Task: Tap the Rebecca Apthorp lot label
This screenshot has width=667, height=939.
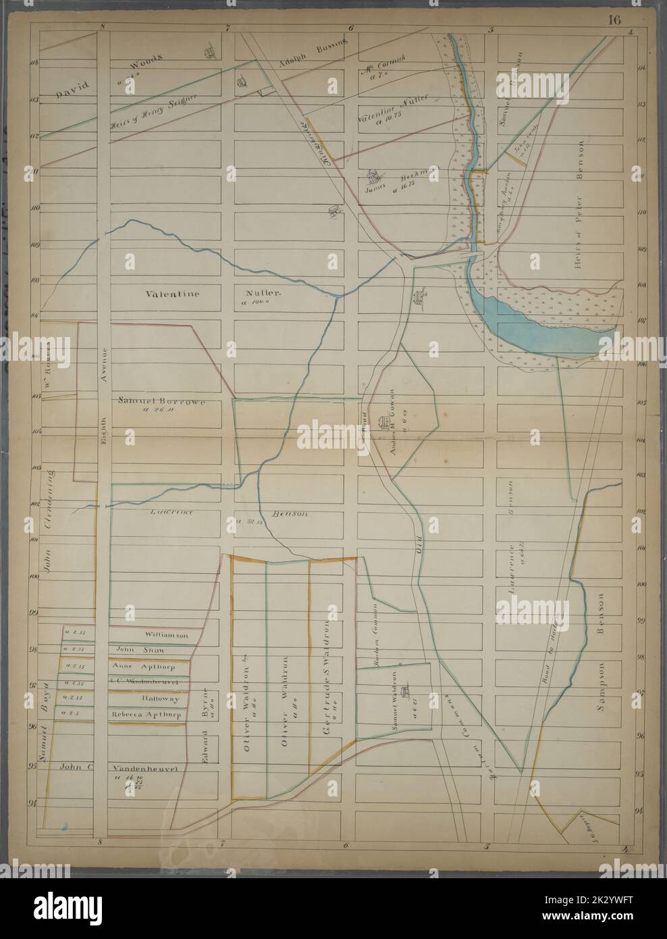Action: coord(147,714)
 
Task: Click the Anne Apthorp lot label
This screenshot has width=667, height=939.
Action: coord(147,666)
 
